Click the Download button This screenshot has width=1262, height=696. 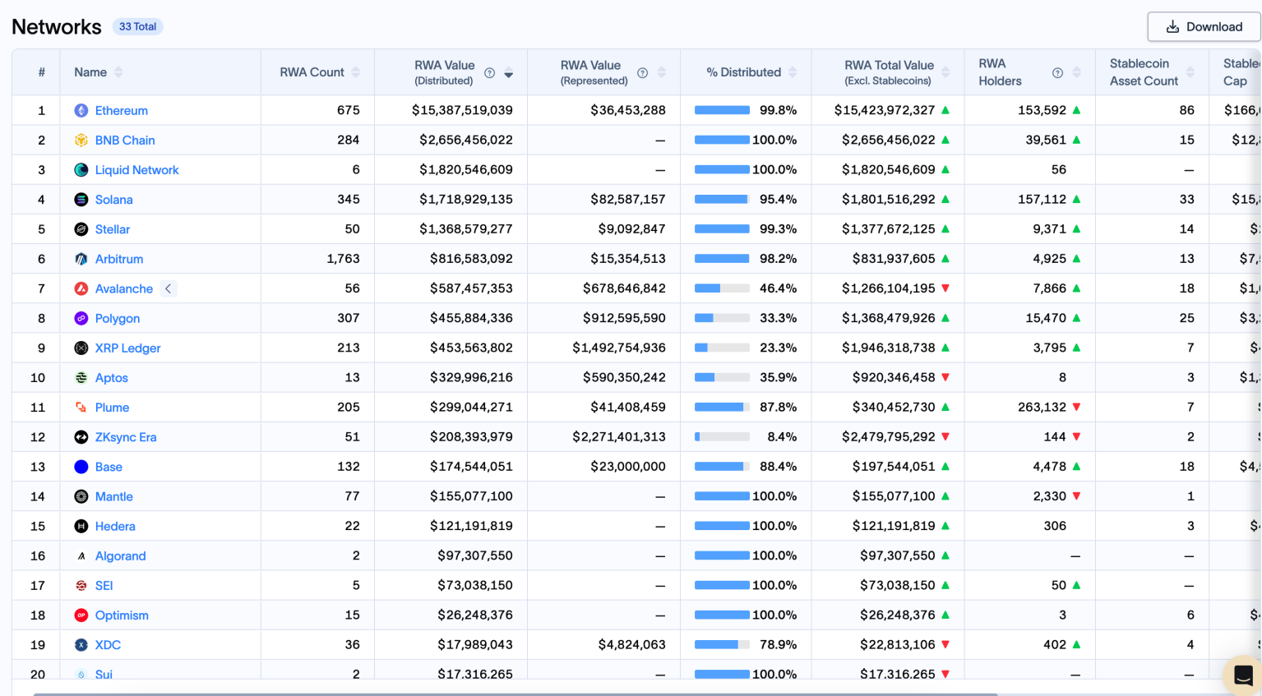1204,27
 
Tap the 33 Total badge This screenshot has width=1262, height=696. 137,26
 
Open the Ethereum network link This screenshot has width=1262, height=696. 121,111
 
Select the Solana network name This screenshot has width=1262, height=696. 113,200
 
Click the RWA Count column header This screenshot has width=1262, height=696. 312,72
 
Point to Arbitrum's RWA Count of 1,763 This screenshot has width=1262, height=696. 343,259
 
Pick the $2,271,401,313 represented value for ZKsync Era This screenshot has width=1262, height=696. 618,437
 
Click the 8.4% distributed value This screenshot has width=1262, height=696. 781,437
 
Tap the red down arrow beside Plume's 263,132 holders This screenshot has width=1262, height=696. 1076,408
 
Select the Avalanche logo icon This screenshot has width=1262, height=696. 81,288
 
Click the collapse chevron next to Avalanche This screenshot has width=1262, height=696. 168,288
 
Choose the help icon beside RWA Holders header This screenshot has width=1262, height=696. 1057,73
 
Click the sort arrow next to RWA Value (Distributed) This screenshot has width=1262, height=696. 509,74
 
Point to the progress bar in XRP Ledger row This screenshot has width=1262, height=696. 722,348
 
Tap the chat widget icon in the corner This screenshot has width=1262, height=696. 1243,675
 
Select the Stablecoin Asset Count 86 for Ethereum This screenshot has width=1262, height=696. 1186,110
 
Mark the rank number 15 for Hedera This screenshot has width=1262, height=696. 38,526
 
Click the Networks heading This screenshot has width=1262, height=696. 57,27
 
